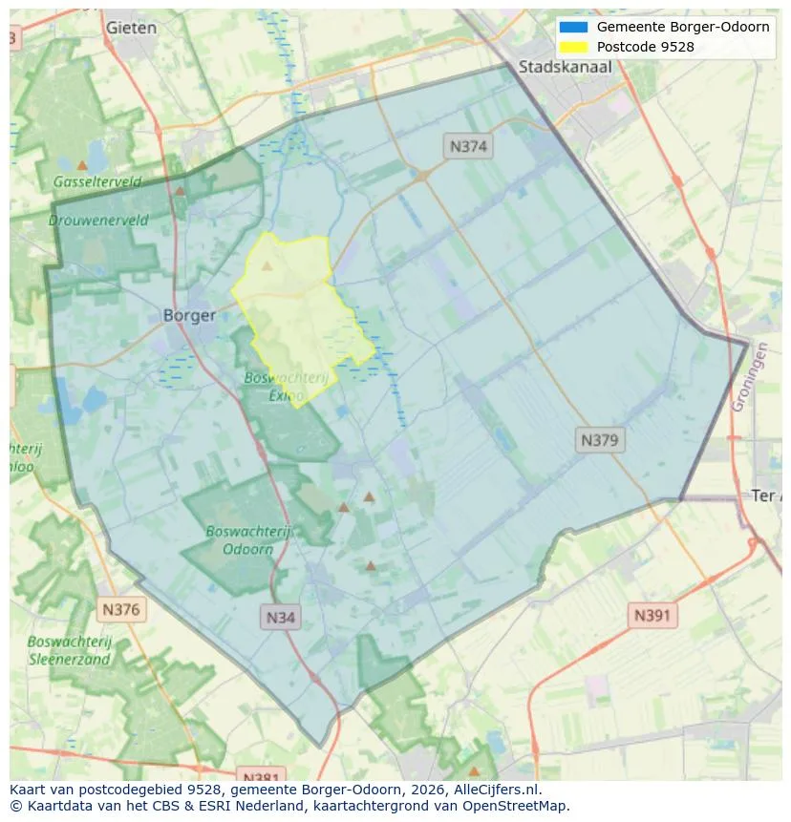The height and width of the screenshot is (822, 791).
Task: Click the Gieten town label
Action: (131, 28)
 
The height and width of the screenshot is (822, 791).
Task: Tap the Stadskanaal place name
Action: (565, 67)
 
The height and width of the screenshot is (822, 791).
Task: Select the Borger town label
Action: (189, 315)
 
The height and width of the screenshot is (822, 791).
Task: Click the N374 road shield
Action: (468, 146)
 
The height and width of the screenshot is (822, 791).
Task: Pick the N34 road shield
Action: (280, 617)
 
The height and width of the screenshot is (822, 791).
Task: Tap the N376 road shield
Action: (121, 609)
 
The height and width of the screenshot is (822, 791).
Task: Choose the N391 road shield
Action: (652, 616)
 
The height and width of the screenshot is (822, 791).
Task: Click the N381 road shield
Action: (259, 775)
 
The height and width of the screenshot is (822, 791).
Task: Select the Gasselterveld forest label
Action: (97, 181)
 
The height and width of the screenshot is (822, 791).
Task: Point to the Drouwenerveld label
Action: (98, 220)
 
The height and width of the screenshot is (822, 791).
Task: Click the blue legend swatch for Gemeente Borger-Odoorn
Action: (573, 27)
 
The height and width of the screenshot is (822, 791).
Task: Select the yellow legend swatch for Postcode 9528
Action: (573, 46)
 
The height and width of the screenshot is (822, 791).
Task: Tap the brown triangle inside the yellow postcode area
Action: (267, 265)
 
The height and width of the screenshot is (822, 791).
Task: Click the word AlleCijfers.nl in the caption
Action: (498, 790)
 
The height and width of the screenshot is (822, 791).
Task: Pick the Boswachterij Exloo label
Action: (286, 386)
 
